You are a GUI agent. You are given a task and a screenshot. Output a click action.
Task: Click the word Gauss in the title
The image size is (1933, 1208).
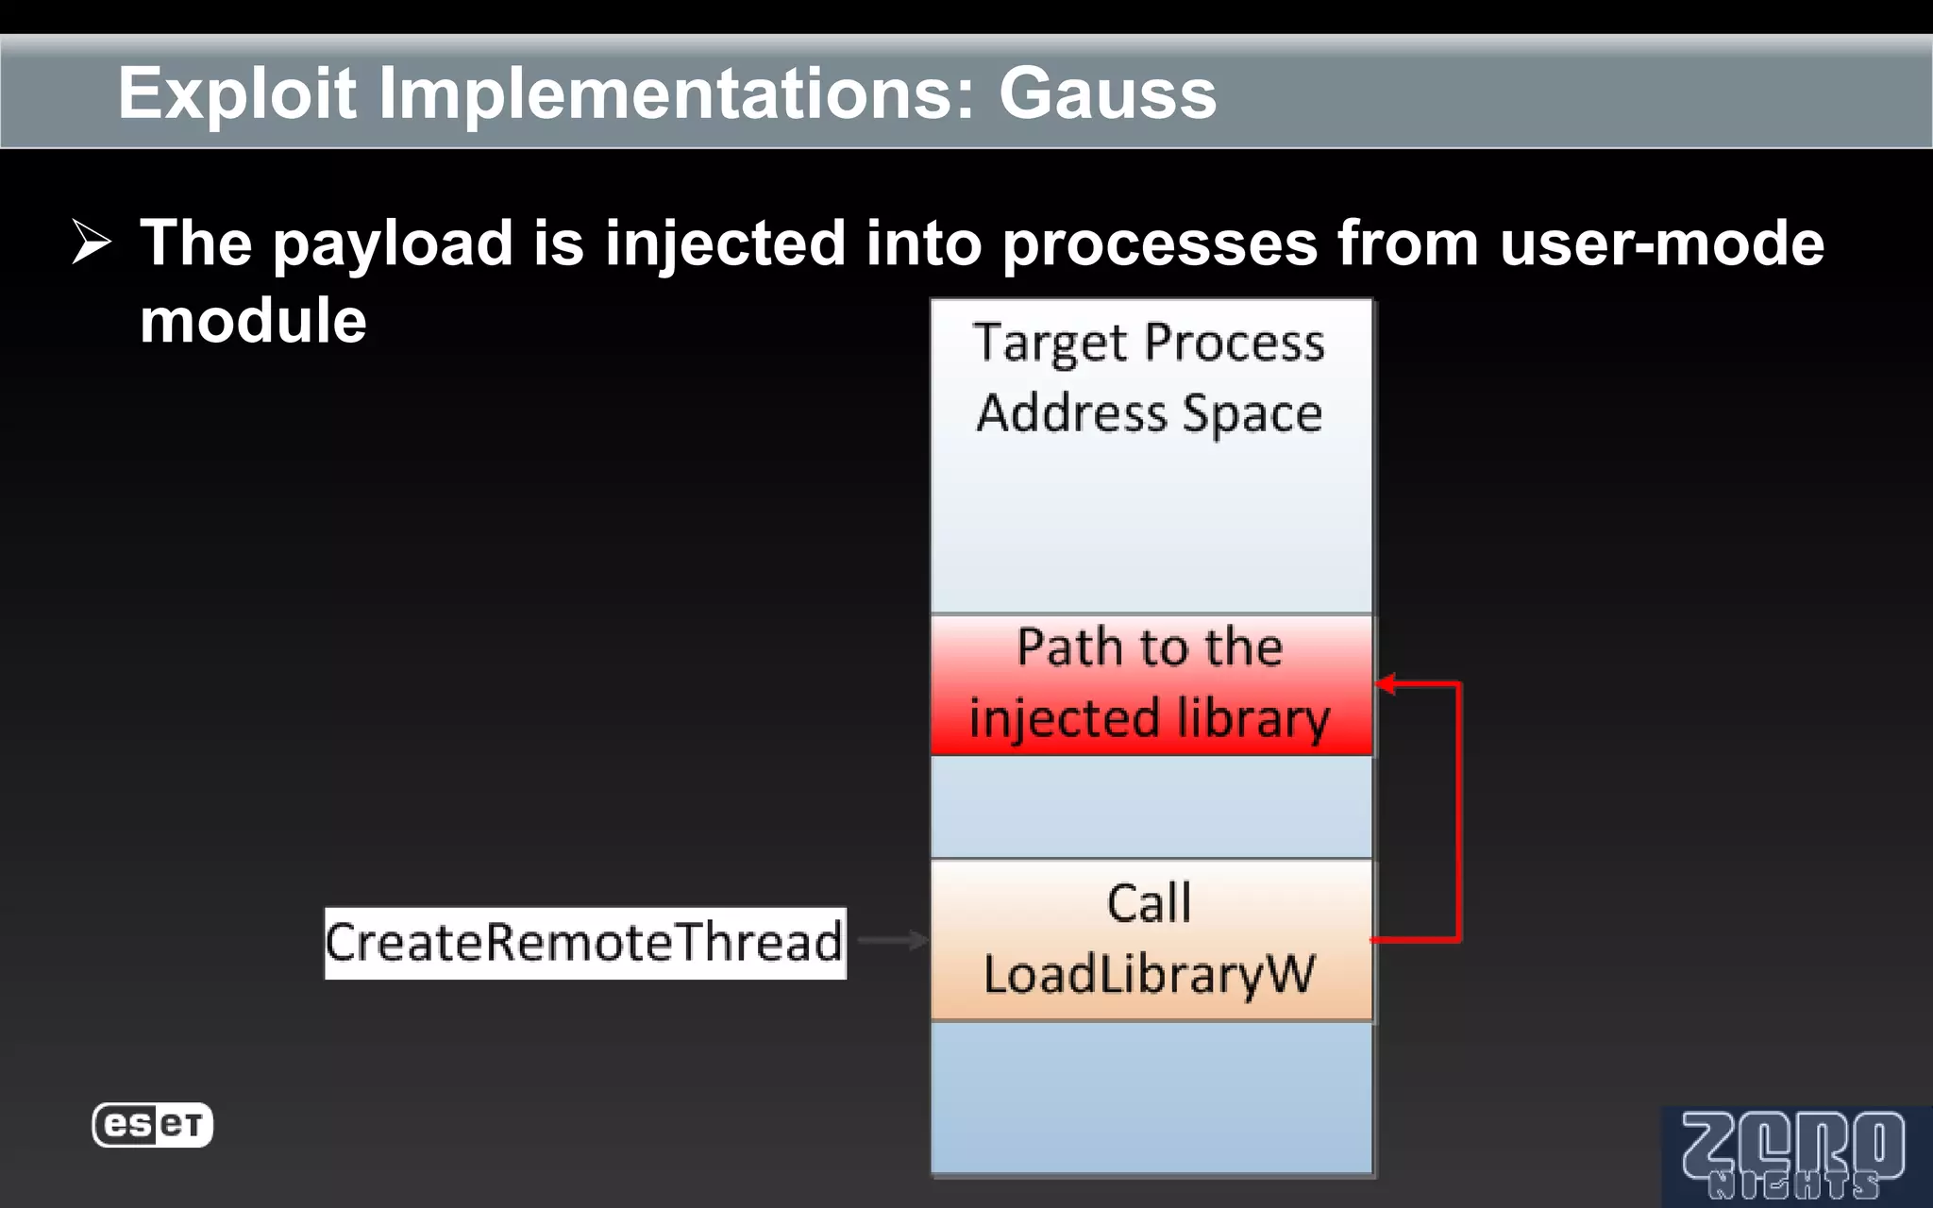[x=1107, y=93]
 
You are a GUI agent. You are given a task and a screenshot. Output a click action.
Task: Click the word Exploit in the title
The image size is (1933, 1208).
[x=237, y=93]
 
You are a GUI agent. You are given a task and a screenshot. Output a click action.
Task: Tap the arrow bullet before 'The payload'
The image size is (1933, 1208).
[x=92, y=243]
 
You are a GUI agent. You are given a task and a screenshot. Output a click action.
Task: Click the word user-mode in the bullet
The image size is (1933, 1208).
[x=1661, y=243]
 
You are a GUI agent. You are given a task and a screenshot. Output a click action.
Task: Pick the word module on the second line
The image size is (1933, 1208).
[x=253, y=321]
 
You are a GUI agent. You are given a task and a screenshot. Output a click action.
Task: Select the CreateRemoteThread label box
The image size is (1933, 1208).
[x=585, y=943]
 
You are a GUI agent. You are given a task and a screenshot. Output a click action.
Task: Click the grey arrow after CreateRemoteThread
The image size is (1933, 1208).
[x=893, y=940]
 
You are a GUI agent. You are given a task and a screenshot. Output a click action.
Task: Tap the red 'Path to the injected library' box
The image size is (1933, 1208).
[x=1151, y=684]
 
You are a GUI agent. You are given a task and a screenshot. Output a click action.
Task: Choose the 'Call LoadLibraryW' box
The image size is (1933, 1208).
[x=1151, y=940]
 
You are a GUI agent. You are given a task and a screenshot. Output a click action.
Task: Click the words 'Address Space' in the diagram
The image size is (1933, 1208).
[x=1150, y=413]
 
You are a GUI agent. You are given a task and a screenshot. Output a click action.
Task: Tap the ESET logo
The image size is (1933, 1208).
[x=152, y=1125]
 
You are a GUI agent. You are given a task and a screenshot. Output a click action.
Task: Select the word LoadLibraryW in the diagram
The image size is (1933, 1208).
[x=1150, y=975]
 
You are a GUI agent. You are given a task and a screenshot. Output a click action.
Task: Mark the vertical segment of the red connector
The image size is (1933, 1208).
[x=1459, y=812]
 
